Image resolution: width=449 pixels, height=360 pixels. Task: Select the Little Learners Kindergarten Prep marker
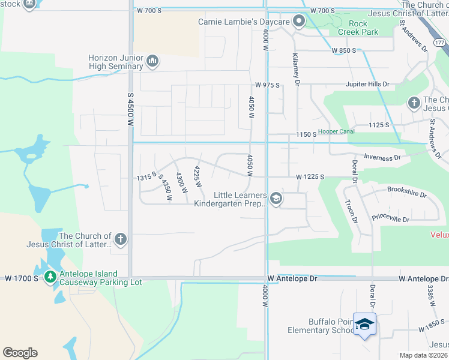[x=276, y=199]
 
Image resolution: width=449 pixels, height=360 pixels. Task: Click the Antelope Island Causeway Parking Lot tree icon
[x=50, y=277]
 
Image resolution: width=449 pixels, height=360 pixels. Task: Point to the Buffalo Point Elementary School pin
[x=364, y=325]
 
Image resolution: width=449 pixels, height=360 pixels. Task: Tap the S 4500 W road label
[x=130, y=109]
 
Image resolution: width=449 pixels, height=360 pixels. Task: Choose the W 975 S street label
[x=268, y=85]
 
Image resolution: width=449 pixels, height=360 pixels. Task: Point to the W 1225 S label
[x=310, y=177]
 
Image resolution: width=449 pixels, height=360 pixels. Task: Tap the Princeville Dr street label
[x=390, y=219]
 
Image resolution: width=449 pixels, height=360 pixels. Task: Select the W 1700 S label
[x=21, y=278]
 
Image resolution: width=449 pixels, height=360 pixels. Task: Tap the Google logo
[x=20, y=353]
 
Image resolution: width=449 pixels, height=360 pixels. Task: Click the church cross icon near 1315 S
[x=120, y=239]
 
